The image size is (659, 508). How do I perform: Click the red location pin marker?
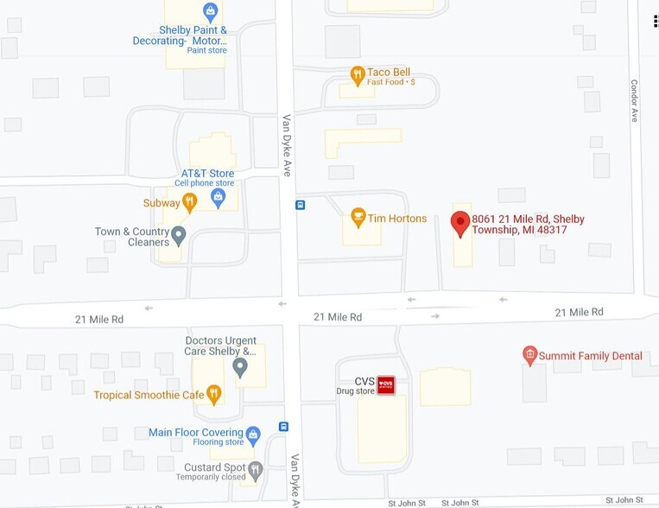(460, 223)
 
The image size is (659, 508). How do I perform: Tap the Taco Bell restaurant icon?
(357, 76)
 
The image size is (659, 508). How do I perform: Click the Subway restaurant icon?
(190, 201)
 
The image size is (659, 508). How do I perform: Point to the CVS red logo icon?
(386, 384)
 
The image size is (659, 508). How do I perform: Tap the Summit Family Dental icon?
(530, 354)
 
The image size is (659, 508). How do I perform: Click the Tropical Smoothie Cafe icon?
(213, 394)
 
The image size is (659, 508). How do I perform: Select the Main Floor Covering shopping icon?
(253, 435)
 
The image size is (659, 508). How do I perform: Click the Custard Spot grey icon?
(255, 470)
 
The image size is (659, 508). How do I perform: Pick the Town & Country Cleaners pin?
(179, 235)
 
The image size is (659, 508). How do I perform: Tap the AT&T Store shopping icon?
(219, 198)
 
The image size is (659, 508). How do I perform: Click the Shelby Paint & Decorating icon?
(210, 11)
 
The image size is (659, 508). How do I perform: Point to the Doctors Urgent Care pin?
(240, 367)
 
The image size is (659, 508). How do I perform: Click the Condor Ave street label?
(634, 100)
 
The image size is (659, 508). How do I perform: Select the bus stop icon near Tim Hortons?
(300, 205)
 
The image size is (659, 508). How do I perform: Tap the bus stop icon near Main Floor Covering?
(283, 426)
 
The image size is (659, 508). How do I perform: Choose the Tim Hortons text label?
(397, 219)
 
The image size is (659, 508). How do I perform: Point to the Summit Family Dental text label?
(591, 355)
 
